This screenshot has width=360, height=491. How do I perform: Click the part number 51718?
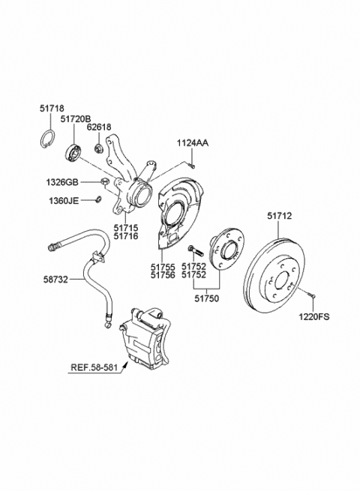coord(52,109)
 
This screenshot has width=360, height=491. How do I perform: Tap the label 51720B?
coord(76,118)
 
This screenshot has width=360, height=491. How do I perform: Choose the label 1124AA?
coord(193,143)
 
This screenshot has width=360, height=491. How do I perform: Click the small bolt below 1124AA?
coord(192,166)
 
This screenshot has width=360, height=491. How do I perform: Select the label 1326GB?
coord(62,182)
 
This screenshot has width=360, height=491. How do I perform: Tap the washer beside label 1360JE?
coord(98,199)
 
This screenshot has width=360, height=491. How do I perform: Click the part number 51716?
coord(126,236)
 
